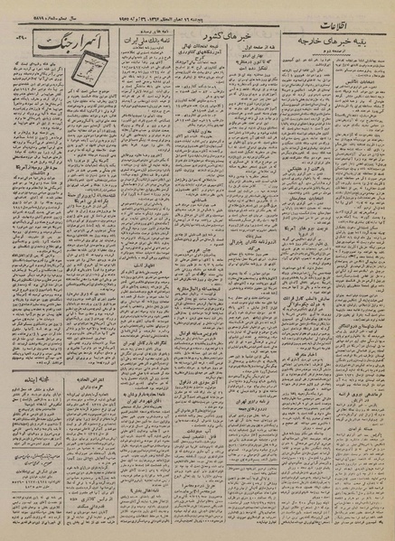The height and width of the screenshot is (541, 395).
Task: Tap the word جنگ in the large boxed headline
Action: point(77,44)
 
